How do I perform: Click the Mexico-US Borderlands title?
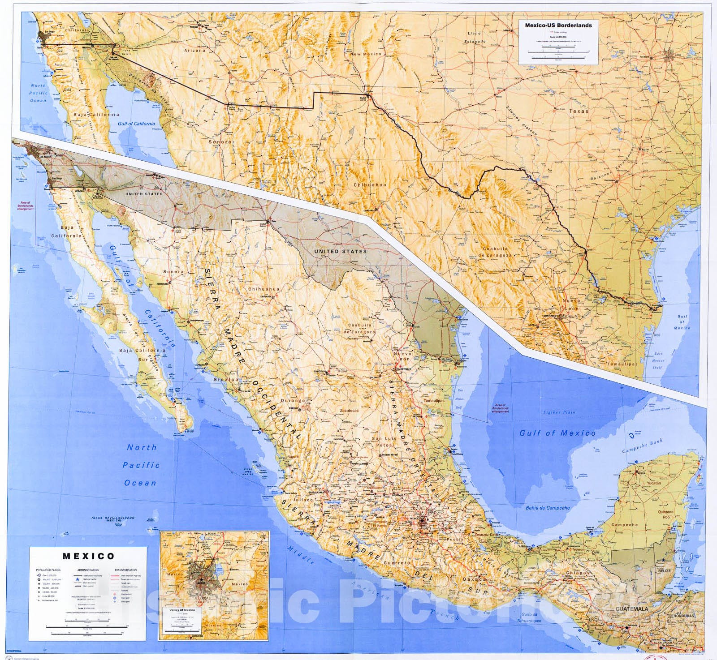point(558,26)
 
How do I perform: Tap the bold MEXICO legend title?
point(88,556)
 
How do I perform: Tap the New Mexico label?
point(366,54)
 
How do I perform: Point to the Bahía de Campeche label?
point(548,508)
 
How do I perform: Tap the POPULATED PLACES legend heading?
point(50,570)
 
